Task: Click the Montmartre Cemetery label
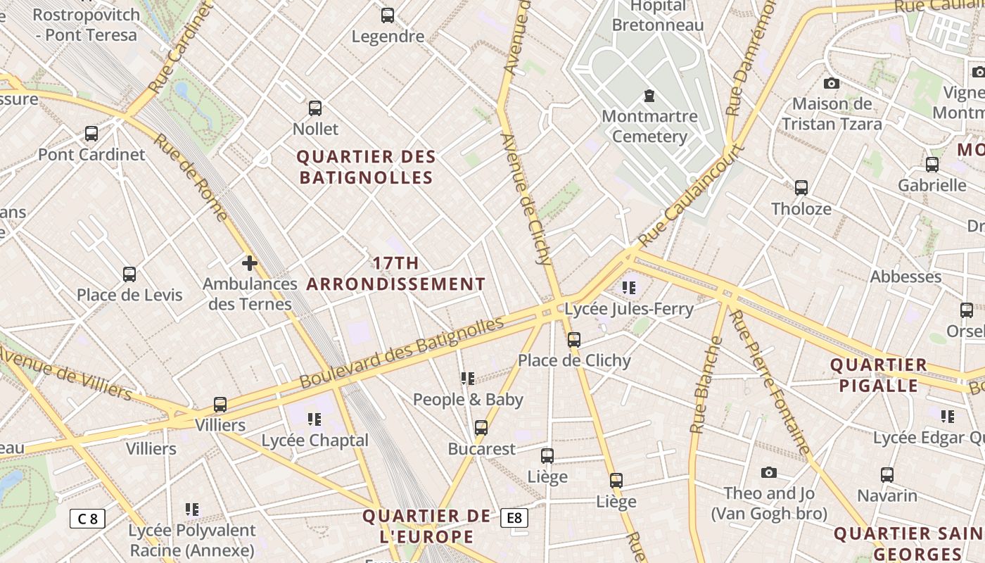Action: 649,127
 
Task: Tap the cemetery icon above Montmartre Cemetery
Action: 649,95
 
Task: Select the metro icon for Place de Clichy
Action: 574,340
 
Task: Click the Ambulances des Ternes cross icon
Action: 249,264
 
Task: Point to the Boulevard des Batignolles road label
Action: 402,353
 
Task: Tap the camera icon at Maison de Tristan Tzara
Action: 831,83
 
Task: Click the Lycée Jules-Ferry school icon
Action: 629,287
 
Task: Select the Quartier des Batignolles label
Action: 367,167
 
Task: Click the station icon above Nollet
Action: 315,108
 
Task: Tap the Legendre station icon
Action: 388,15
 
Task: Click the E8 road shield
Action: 514,519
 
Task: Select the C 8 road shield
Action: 87,519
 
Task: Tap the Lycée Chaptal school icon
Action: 314,419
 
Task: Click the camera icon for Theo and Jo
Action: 768,472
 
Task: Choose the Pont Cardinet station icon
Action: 91,133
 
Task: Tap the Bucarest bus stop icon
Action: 481,427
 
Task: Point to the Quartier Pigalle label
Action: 878,375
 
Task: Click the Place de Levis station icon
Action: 129,274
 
